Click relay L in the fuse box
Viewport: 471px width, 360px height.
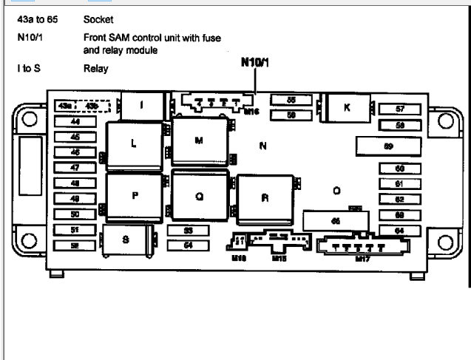pos(133,145)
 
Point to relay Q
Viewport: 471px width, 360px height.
pos(199,197)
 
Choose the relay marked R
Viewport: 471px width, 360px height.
pos(264,198)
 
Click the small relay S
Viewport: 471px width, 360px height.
pos(125,239)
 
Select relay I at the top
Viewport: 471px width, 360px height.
pos(143,105)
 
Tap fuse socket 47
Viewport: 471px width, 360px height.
pos(75,168)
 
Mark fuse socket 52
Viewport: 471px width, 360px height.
pos(75,245)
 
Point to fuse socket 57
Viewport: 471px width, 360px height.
pos(399,109)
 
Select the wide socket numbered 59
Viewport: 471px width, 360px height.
pos(388,146)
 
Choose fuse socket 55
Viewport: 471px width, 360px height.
pos(291,98)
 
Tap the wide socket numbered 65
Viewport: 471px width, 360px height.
pos(336,220)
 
